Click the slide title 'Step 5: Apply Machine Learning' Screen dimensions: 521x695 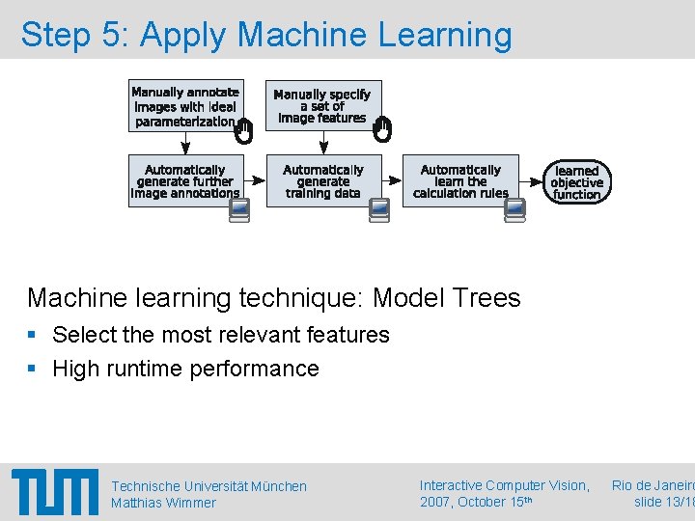[x=266, y=35]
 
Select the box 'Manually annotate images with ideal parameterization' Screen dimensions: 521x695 [x=185, y=106]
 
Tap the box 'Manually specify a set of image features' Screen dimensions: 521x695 [x=321, y=106]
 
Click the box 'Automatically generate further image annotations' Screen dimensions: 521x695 [x=185, y=181]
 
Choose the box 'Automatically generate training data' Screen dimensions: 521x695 [x=323, y=181]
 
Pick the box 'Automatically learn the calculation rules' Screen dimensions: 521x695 [x=460, y=181]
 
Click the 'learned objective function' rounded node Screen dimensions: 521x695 [x=577, y=182]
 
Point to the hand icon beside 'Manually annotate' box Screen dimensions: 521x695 [x=244, y=131]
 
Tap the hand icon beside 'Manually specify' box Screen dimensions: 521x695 [x=382, y=129]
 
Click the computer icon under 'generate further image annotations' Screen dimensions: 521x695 [x=240, y=210]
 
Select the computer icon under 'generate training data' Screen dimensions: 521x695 [x=379, y=210]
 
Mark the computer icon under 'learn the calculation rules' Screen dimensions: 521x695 [x=515, y=210]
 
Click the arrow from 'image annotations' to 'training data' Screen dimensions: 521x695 [x=255, y=180]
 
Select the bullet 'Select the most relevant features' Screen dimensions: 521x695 [x=220, y=335]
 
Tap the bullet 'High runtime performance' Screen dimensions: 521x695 [x=185, y=369]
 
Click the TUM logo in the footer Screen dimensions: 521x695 [x=55, y=491]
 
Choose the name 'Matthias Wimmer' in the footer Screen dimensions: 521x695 [x=163, y=503]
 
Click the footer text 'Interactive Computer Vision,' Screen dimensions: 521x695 [x=505, y=485]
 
